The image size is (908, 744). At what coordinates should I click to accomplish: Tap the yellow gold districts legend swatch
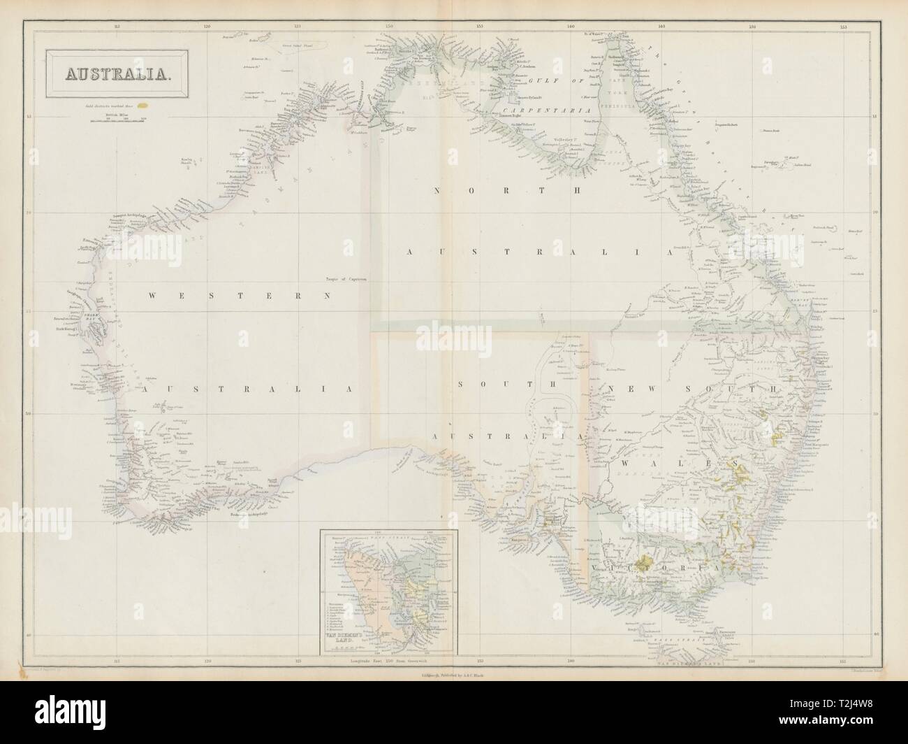tap(143, 106)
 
